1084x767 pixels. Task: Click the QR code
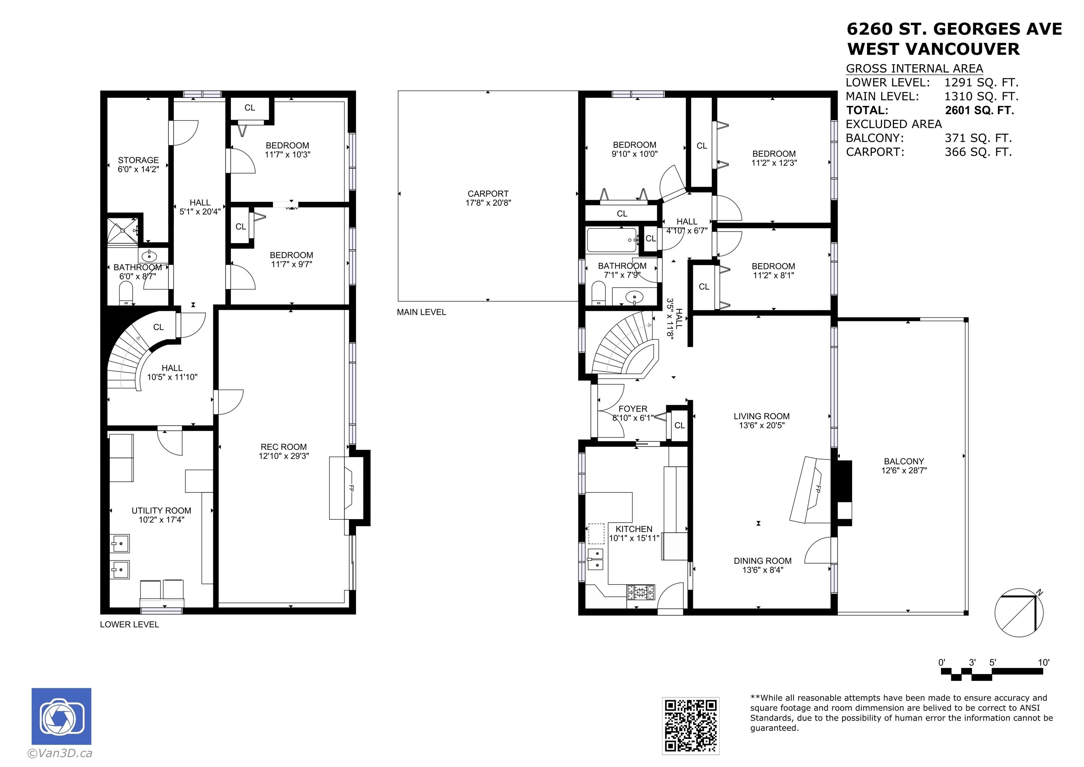click(x=691, y=726)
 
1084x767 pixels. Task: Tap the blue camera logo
click(x=61, y=716)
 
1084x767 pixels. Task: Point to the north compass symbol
click(x=1019, y=613)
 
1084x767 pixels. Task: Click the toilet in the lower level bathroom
click(x=126, y=293)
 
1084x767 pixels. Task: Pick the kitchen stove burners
click(x=641, y=592)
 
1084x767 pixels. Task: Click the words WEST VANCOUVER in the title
click(x=933, y=49)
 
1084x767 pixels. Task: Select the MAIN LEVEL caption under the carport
click(x=421, y=312)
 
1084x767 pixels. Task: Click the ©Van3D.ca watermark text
click(x=60, y=753)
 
